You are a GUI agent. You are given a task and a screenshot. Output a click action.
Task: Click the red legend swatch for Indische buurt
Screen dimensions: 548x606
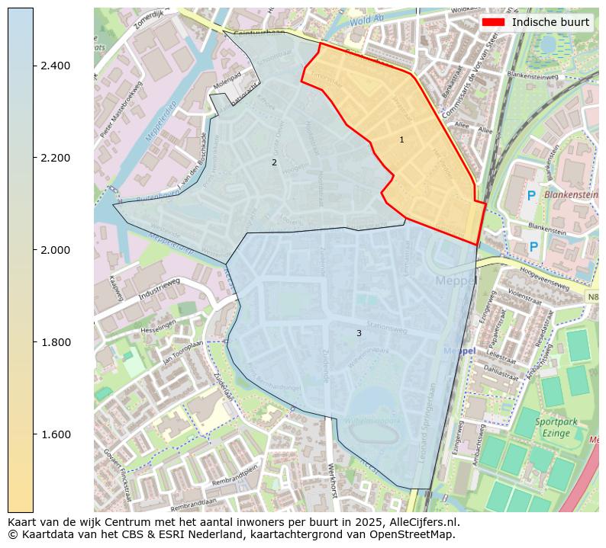(x=494, y=22)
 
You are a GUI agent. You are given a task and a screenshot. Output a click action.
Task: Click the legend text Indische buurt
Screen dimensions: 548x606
(x=550, y=22)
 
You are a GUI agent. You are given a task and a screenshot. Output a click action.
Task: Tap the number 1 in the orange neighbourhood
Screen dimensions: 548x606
(x=401, y=139)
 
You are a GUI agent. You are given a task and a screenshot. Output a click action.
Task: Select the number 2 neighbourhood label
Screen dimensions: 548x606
(x=274, y=162)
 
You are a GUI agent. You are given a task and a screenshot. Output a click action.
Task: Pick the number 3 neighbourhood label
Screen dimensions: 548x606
(x=359, y=333)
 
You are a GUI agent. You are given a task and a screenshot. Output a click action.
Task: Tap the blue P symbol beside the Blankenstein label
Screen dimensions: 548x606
(x=531, y=196)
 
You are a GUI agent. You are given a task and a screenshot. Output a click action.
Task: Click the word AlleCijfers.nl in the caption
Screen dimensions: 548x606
(x=430, y=522)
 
